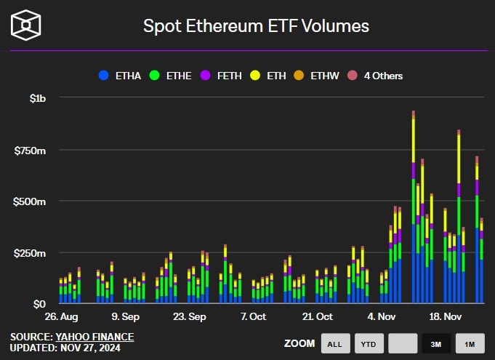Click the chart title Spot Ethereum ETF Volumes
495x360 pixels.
point(256,26)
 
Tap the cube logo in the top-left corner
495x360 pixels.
point(26,25)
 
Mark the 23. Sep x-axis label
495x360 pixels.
point(189,316)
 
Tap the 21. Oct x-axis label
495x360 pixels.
point(317,316)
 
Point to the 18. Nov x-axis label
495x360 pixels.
point(445,316)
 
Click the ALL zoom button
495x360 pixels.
point(334,343)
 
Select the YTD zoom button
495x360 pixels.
point(369,343)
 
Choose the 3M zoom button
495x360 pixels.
point(436,343)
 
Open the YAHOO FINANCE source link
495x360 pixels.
point(94,337)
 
